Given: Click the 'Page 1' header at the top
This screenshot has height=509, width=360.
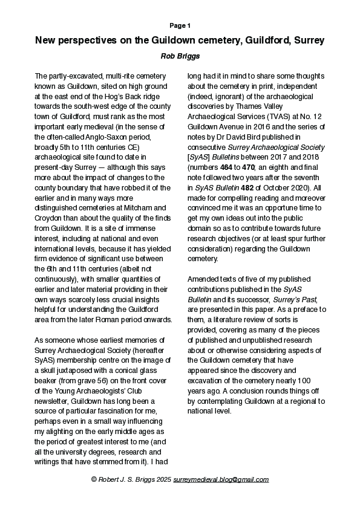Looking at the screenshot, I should (180, 25).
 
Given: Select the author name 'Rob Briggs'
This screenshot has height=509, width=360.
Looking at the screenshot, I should (180, 56).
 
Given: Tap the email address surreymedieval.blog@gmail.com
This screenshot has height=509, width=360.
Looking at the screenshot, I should (221, 479).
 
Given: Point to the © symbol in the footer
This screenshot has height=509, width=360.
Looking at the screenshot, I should (94, 479).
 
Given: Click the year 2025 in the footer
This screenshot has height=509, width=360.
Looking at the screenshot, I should (162, 479).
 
